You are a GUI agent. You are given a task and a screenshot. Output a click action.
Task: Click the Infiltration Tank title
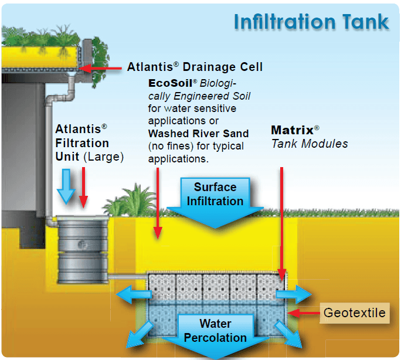click(311, 22)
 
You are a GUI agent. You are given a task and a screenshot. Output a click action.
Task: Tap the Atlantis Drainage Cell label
click(195, 67)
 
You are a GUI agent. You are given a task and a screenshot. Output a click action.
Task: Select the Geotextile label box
click(355, 313)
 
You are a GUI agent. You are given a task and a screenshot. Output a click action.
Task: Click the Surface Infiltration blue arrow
click(215, 199)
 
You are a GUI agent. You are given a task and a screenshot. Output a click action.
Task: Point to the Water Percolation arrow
click(215, 335)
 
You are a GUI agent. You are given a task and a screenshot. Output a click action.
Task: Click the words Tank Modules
click(309, 144)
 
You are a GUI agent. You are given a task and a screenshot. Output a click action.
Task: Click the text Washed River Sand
click(198, 133)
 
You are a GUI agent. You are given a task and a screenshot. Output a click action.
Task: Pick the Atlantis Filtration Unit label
click(82, 142)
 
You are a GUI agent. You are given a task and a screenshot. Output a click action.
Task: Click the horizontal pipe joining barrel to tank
click(126, 276)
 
